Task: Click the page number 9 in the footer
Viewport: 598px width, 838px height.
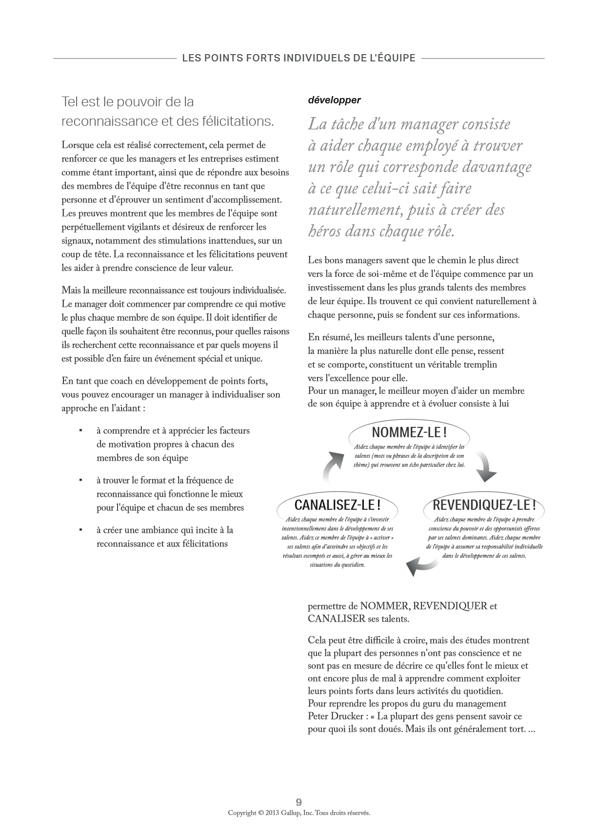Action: [299, 802]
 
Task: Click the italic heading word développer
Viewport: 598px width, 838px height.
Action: [334, 100]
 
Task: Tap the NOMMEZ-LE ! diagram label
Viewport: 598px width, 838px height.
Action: [409, 432]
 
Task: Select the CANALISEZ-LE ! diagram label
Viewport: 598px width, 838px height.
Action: [337, 504]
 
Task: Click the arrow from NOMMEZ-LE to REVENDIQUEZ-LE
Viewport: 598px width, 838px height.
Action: [484, 467]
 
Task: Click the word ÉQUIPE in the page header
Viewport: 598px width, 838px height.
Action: [397, 58]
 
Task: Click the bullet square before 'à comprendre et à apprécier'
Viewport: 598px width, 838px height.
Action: [80, 430]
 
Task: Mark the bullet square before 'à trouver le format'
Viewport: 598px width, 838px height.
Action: [80, 480]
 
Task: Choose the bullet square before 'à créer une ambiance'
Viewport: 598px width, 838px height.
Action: [80, 530]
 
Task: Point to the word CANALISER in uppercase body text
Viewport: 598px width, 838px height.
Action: [337, 619]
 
